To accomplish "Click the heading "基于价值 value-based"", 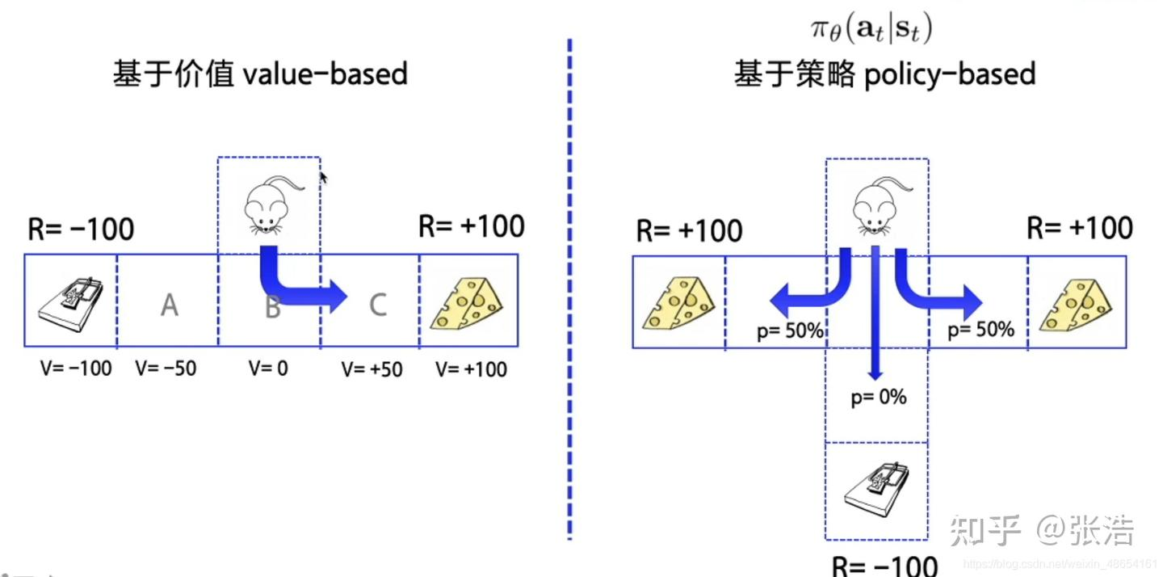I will click(x=260, y=75).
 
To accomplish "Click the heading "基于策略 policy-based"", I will click(x=884, y=75).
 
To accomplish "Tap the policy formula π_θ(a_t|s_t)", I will click(x=872, y=30).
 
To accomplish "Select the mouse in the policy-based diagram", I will click(x=877, y=205).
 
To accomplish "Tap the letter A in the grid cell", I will click(x=169, y=305).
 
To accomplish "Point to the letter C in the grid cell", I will click(x=377, y=304).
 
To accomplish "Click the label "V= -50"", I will click(x=166, y=369).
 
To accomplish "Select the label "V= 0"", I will click(x=268, y=369).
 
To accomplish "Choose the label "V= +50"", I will click(x=372, y=370).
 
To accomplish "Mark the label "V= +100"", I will click(x=472, y=370).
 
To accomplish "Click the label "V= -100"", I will click(x=76, y=369).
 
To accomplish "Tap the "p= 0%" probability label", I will click(x=879, y=398).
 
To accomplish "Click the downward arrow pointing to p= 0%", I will click(x=875, y=323).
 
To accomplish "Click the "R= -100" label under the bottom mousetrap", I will click(x=885, y=564).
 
